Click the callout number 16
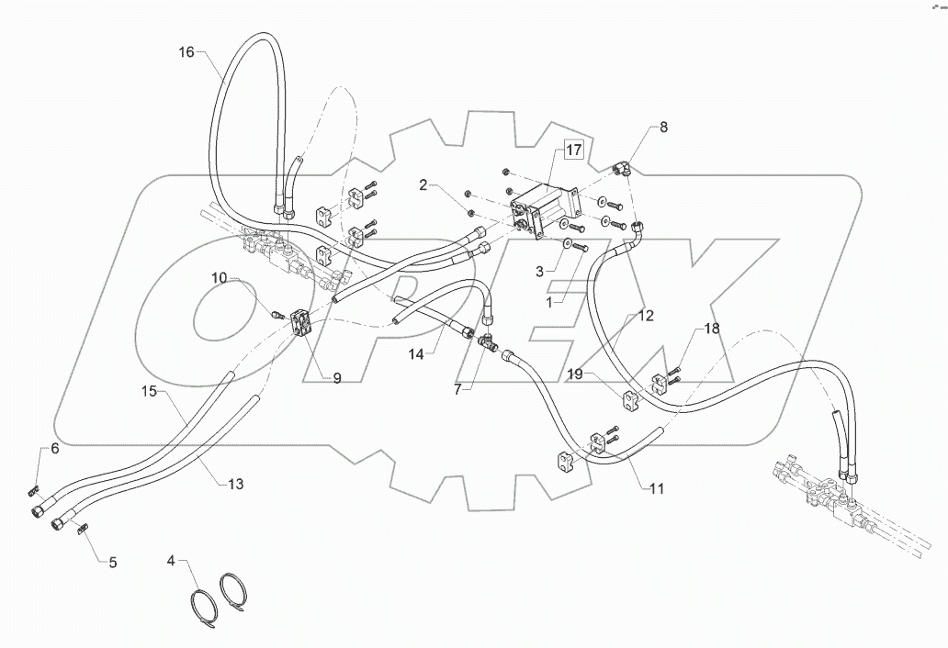186,52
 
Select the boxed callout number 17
572,151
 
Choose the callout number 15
150,391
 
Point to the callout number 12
646,316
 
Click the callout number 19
574,374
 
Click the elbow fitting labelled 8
621,168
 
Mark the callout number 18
713,328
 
